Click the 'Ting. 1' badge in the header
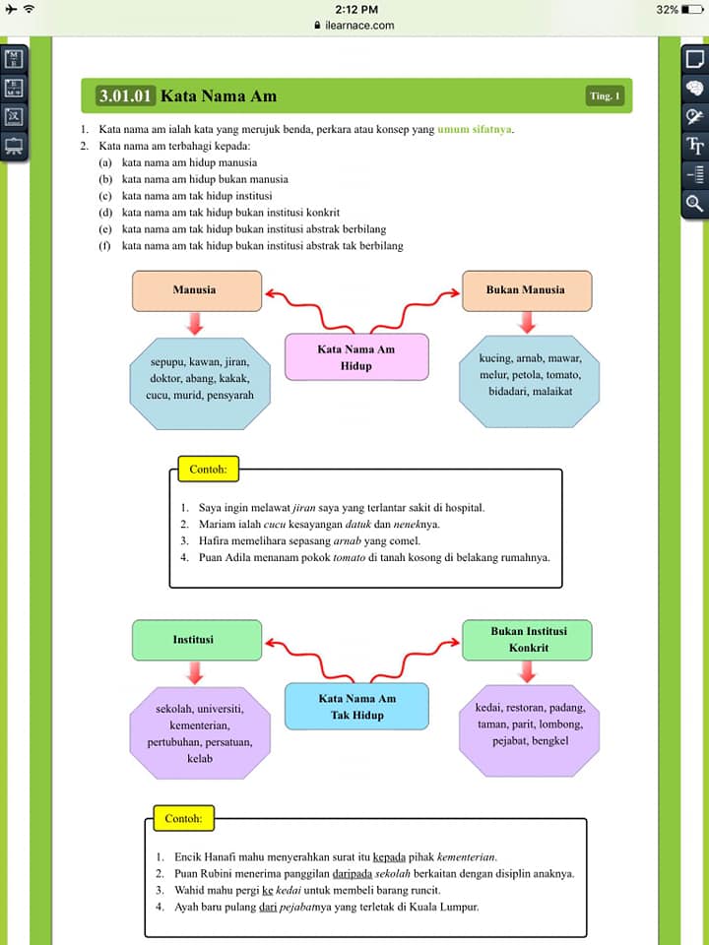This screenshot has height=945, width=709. (x=604, y=95)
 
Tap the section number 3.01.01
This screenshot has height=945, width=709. (x=125, y=95)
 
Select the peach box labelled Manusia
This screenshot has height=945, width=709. (x=197, y=290)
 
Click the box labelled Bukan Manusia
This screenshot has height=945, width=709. (x=526, y=290)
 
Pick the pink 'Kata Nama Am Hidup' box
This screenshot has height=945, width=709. (x=356, y=357)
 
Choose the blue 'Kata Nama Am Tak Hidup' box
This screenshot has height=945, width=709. (x=356, y=707)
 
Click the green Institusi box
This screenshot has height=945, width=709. (x=197, y=640)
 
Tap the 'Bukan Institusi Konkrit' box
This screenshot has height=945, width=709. (x=526, y=640)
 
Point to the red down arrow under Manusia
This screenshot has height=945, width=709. (x=194, y=324)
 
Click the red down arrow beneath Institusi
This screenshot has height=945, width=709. (x=194, y=672)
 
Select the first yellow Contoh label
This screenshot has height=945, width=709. (x=208, y=470)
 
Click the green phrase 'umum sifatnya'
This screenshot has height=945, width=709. (x=475, y=129)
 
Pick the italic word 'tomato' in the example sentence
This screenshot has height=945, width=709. (x=349, y=557)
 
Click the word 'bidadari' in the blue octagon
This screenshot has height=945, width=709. (x=507, y=391)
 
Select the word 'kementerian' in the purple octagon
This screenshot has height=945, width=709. (x=200, y=725)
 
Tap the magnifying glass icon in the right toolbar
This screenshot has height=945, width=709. (x=694, y=202)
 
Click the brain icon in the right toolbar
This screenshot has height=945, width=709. (x=694, y=89)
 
